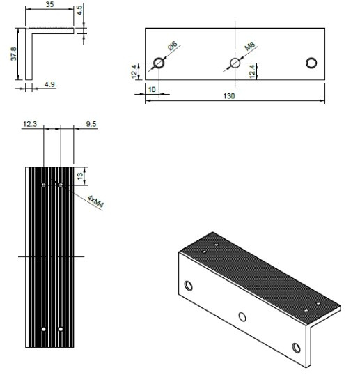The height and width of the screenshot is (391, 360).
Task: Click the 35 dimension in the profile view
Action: point(49,4)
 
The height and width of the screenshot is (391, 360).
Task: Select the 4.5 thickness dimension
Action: point(80,10)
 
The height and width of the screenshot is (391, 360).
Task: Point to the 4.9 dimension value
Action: point(49,85)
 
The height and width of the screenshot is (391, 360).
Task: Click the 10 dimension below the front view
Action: point(152,90)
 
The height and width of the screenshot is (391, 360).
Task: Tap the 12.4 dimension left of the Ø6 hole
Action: point(134,71)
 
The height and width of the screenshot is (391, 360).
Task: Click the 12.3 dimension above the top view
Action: point(29,124)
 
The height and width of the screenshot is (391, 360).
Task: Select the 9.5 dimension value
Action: point(91,124)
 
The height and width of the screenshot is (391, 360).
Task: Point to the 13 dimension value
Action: point(80,176)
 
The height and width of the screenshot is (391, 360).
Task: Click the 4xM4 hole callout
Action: point(95,203)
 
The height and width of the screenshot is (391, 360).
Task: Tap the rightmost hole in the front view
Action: point(311,63)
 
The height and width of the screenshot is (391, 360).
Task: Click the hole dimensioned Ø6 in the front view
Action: point(159,63)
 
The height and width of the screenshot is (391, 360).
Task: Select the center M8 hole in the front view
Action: point(235,63)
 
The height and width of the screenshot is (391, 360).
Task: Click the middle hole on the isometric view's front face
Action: point(242,317)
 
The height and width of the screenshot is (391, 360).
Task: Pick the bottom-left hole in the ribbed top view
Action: point(44,328)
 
